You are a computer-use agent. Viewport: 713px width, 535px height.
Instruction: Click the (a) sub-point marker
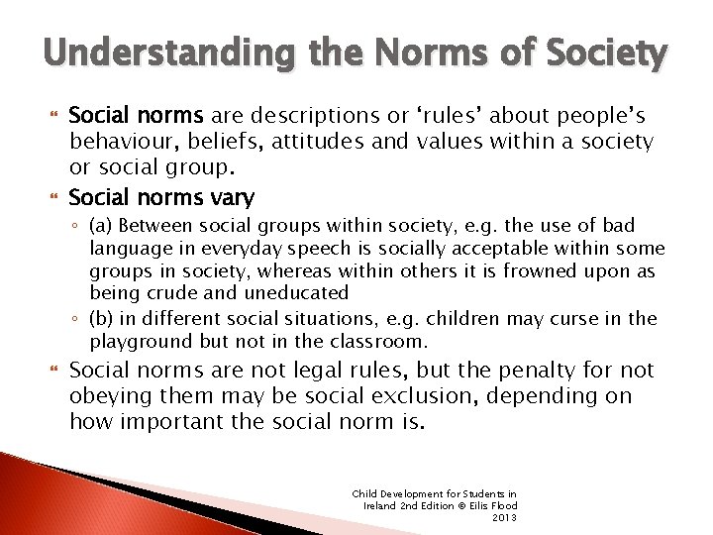tap(100, 226)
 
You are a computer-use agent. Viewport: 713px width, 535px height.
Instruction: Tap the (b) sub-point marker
tap(100, 319)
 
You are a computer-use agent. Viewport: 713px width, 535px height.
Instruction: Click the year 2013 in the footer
tap(504, 517)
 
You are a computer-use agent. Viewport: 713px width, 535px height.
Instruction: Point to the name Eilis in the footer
tap(473, 505)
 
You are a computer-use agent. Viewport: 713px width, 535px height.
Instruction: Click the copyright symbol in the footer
tap(453, 505)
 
